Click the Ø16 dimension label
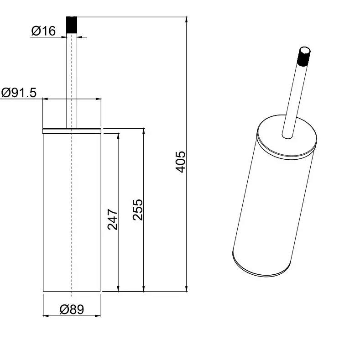click(x=43, y=31)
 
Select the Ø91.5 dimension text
click(x=19, y=93)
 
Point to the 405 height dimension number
click(x=181, y=162)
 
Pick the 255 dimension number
click(x=138, y=210)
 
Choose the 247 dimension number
click(x=113, y=220)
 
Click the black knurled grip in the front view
click(x=72, y=25)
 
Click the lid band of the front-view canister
click(x=72, y=131)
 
